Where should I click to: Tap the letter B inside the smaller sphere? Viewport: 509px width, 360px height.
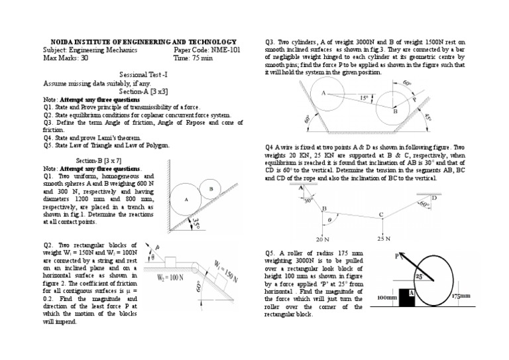[x=211, y=188]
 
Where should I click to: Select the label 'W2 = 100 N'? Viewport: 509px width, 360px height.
[x=169, y=278]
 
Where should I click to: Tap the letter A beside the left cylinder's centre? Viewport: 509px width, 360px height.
[x=323, y=93]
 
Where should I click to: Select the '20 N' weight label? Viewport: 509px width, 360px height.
[x=323, y=239]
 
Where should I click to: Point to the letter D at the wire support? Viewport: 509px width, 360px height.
[x=434, y=198]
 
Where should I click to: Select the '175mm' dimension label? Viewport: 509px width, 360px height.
[x=462, y=297]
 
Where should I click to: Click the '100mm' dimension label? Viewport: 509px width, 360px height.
[x=386, y=298]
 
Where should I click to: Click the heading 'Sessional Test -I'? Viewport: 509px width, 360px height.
[x=141, y=76]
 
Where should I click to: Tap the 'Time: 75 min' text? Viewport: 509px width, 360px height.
[x=193, y=58]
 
